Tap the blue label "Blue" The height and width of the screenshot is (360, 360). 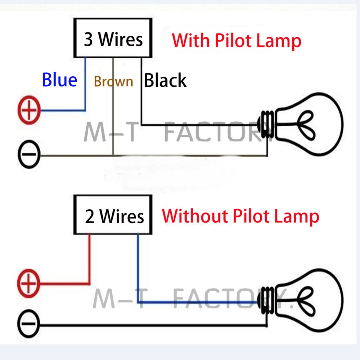(x=60, y=80)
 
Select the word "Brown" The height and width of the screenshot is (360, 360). (x=113, y=81)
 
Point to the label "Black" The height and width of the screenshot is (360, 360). (x=165, y=80)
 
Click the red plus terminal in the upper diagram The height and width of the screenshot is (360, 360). (x=29, y=110)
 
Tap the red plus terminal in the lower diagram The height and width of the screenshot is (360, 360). (x=29, y=283)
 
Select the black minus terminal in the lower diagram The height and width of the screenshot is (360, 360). (x=29, y=324)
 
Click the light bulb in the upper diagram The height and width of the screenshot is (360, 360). (x=301, y=124)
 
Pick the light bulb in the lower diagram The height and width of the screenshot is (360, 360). (x=301, y=301)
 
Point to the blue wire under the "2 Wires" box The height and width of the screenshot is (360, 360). (x=138, y=302)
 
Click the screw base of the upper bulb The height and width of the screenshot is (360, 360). (x=266, y=124)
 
